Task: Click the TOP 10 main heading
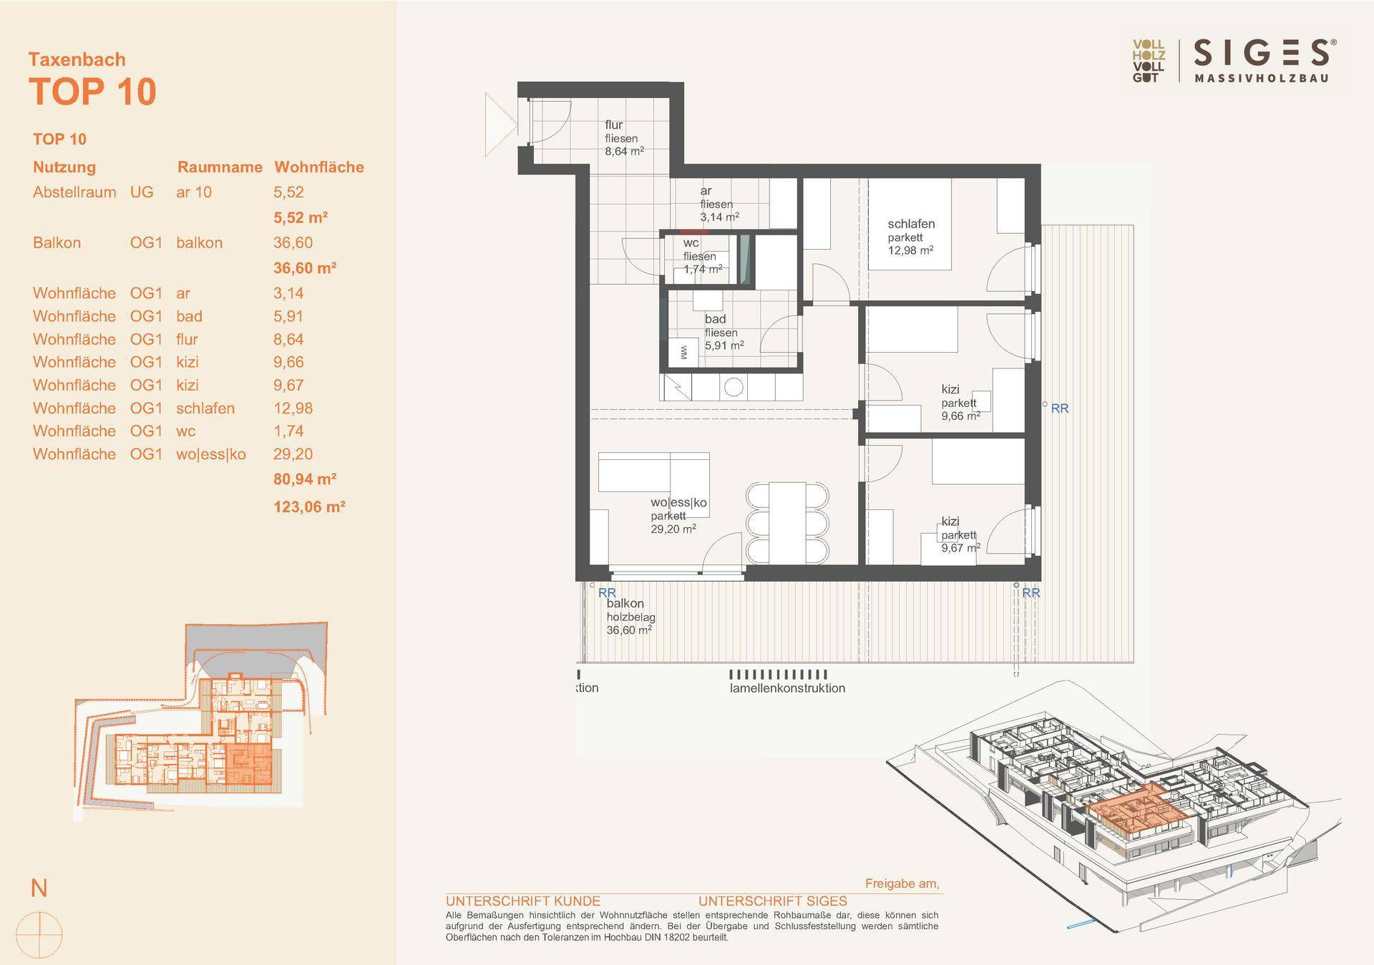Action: pos(92,92)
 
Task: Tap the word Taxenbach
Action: pos(77,59)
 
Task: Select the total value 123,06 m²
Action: pos(310,506)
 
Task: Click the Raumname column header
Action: pos(220,167)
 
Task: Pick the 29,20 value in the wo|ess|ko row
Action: pos(293,454)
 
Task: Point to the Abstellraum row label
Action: pos(74,192)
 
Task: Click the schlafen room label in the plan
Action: pos(911,224)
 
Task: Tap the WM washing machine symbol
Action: pos(683,352)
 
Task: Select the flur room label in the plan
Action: pos(614,125)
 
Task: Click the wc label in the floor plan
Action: pos(691,243)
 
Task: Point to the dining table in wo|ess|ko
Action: pos(787,521)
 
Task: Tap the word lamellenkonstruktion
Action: pos(787,688)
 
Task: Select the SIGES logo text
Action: pos(1261,54)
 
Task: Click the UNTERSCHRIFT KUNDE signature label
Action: pos(523,901)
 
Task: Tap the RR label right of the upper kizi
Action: pos(1059,408)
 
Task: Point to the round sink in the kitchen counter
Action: pos(734,387)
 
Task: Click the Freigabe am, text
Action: pos(902,883)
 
